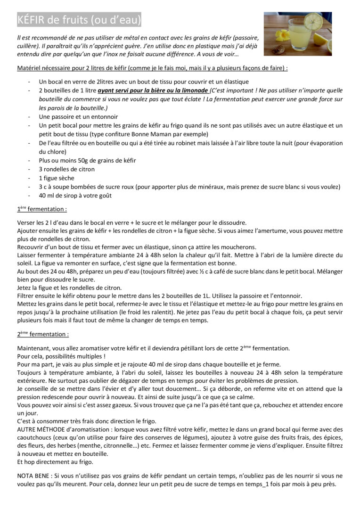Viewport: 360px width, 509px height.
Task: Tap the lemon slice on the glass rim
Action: (x=313, y=21)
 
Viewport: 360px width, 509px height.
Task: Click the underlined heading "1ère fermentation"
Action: (x=42, y=209)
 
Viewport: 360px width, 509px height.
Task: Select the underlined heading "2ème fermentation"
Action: (x=43, y=334)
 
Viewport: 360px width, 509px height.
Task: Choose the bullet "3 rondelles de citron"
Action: (x=66, y=169)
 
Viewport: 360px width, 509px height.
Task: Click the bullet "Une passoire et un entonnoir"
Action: (x=78, y=116)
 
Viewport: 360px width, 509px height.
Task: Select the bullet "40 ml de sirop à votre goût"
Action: (x=75, y=196)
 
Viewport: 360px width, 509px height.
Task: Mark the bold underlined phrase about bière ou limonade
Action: (x=153, y=90)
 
